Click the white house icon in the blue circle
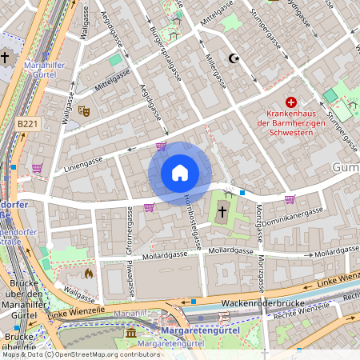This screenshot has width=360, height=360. point(180,173)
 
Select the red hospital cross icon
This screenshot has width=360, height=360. point(291,102)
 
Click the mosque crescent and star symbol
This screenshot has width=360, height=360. point(234,58)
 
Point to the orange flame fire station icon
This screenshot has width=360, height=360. point(88,272)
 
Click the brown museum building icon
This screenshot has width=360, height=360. point(130,332)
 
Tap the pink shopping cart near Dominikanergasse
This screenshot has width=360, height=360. point(290,199)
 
